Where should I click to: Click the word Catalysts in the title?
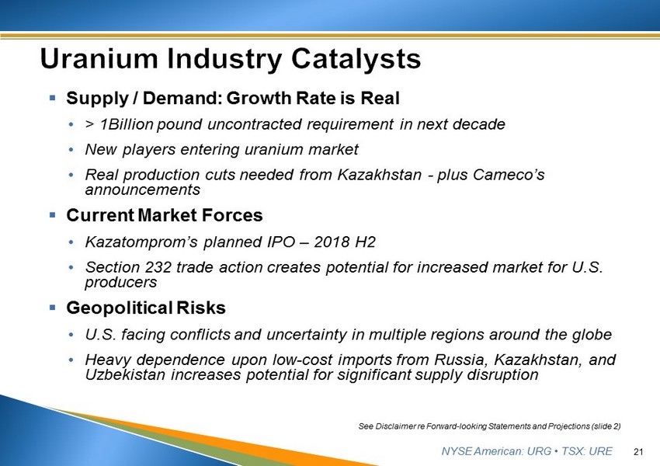(356, 59)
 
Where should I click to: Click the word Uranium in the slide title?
(99, 58)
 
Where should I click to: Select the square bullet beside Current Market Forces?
(53, 215)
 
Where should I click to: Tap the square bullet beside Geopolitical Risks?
(53, 308)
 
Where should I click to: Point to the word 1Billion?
(127, 124)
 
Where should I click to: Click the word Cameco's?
(509, 174)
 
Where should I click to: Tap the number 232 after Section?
(158, 267)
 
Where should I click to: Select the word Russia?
(461, 360)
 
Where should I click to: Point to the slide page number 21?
(638, 452)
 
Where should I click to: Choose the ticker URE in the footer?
(601, 451)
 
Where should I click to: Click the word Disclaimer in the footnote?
(395, 426)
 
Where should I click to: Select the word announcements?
(142, 190)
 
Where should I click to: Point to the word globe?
(592, 334)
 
